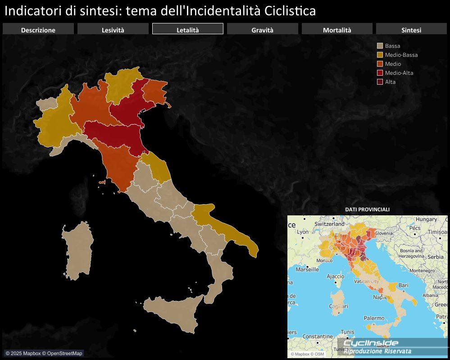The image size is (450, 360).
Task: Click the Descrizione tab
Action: (38, 30)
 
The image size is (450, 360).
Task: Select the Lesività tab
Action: (113, 30)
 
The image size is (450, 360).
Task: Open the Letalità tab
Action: (187, 30)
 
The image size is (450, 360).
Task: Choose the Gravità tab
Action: (262, 30)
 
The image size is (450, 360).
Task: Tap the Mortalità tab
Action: (337, 30)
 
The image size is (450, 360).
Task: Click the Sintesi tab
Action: (411, 30)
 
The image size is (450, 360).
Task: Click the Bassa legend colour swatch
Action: (380, 46)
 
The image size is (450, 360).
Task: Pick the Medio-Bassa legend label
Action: (401, 55)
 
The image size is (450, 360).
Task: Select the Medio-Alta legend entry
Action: (399, 73)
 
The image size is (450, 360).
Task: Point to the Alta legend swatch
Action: (380, 82)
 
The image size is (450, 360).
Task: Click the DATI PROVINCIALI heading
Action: (367, 210)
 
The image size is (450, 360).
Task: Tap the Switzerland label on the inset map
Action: (329, 223)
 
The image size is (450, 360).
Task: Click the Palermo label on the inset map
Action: (374, 318)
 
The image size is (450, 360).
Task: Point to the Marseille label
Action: (307, 269)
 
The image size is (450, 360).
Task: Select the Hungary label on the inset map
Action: (426, 219)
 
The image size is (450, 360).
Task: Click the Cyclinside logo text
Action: (371, 343)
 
